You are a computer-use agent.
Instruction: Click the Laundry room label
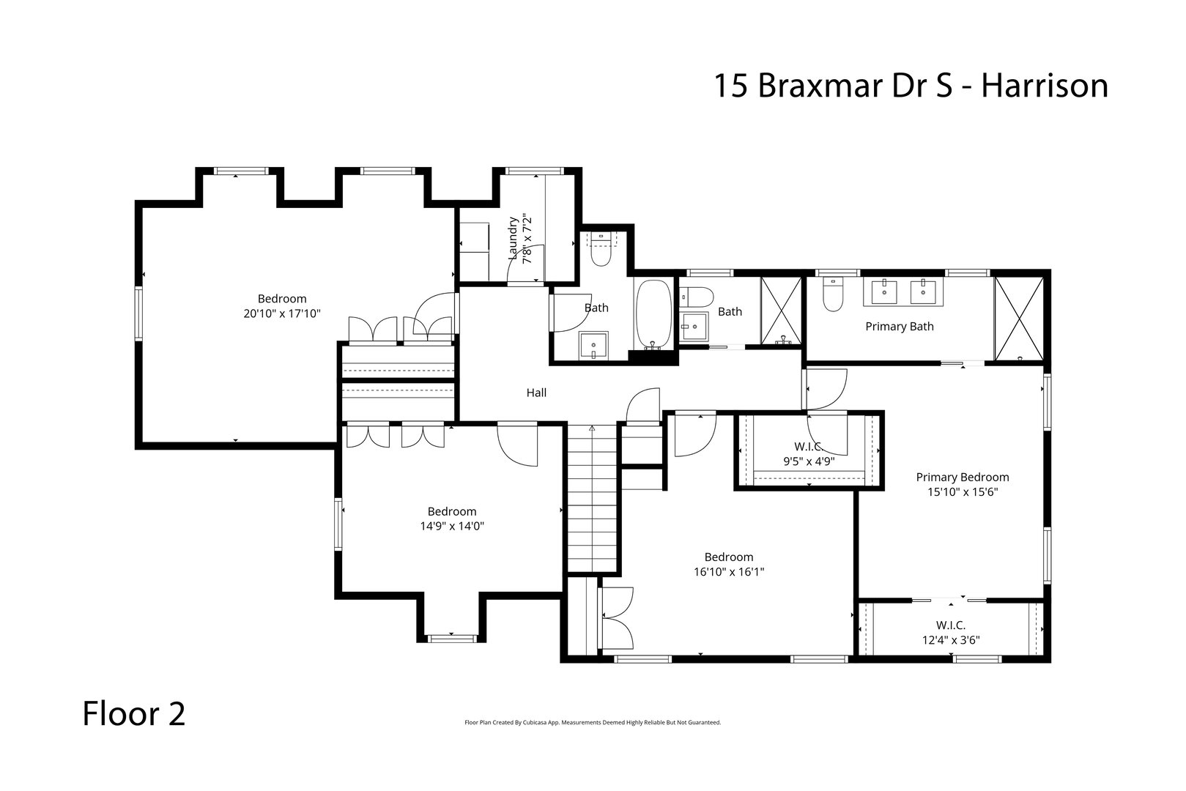[514, 237]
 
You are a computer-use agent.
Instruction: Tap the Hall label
[536, 393]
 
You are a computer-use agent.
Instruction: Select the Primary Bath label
[900, 327]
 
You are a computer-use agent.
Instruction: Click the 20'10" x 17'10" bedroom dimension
[282, 313]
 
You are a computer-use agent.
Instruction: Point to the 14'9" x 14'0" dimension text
[452, 526]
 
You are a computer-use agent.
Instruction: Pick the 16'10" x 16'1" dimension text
[729, 571]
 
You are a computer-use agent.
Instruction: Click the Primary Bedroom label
[963, 478]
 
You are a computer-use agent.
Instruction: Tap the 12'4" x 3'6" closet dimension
[950, 639]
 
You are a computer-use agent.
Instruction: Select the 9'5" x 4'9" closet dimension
[808, 461]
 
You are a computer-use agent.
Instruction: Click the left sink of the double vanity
[885, 291]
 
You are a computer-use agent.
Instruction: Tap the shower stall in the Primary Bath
[1018, 319]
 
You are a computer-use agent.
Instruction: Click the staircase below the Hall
[592, 498]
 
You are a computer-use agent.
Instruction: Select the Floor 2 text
[133, 714]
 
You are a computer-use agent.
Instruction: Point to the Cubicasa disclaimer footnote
[593, 722]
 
